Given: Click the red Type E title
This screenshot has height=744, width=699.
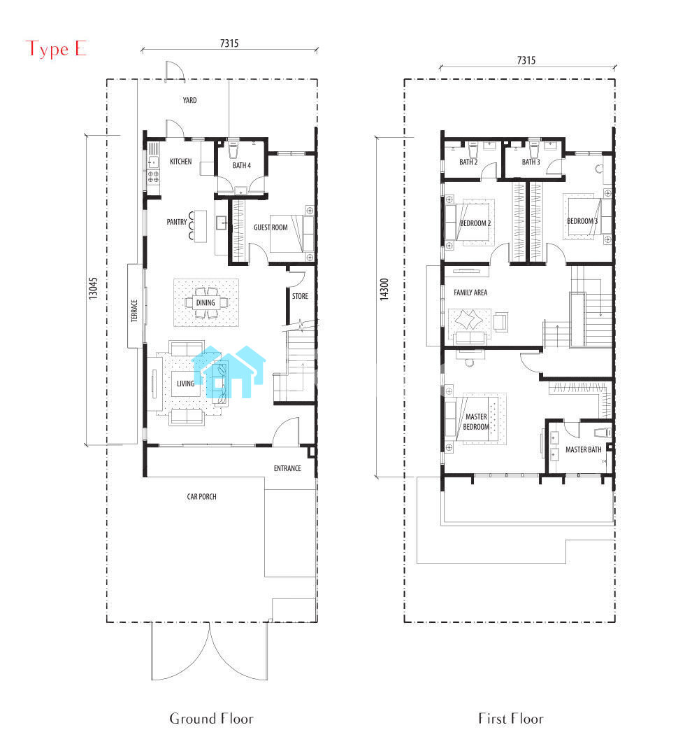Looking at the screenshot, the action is (56, 49).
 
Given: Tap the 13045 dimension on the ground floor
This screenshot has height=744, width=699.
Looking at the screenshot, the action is (94, 288).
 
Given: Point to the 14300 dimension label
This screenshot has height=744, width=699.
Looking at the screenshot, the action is (384, 289).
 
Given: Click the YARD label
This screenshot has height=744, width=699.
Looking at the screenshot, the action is (189, 100).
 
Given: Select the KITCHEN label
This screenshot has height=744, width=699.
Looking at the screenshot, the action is (181, 161).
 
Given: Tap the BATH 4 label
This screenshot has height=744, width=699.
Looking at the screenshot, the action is (242, 165).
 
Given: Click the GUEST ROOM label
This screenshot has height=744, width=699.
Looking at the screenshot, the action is (271, 227).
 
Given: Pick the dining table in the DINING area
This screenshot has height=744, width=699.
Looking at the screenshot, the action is (206, 303).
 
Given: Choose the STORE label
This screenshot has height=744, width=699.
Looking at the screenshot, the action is (300, 296).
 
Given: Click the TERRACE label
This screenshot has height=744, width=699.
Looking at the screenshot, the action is (134, 311).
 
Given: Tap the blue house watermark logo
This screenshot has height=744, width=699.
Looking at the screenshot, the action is (229, 372).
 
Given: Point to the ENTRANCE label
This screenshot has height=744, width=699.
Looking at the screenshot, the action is (288, 468).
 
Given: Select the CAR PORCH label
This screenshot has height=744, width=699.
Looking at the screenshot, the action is (201, 497).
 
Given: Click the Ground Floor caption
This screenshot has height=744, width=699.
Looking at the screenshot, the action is (211, 719).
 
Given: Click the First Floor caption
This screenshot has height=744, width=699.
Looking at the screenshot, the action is (511, 719).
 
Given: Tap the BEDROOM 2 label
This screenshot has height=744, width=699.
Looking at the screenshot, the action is (475, 223).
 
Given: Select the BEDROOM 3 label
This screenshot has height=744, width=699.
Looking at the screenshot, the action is (582, 221).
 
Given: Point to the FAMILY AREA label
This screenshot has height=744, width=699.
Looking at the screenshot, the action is (470, 293).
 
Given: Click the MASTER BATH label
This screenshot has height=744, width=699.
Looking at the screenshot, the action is (584, 449).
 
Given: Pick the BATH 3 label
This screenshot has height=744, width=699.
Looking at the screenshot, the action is (531, 162).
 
